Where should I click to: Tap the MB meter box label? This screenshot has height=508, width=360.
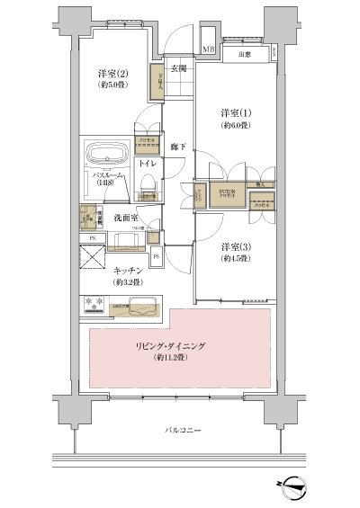(208, 49)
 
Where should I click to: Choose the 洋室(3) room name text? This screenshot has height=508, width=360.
(237, 245)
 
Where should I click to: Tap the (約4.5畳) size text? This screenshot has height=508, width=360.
(237, 259)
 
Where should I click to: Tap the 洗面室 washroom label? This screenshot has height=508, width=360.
(122, 217)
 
